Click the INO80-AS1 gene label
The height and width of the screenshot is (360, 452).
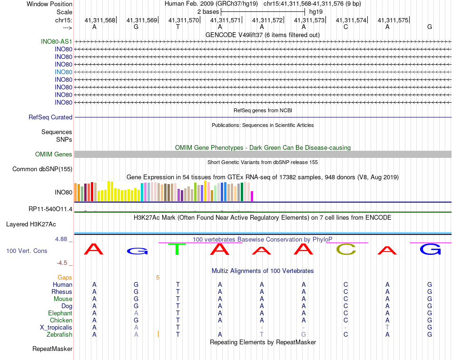pos(57,41)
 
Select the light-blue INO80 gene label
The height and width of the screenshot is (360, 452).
pos(63,72)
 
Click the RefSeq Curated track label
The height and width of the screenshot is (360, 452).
pos(50,117)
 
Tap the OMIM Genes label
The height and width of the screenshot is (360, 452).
pos(54,154)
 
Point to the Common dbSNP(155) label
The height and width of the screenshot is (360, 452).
pos(42,169)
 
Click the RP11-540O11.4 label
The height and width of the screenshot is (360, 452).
pos(50,209)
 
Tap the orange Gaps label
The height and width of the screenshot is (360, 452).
pos(65,277)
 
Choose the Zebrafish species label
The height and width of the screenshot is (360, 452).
pos(60,334)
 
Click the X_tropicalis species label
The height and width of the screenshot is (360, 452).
pos(56,327)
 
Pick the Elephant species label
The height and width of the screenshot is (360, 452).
pos(60,313)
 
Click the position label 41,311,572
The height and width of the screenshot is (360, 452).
pos(267,20)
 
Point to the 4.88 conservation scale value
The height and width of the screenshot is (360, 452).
pos(64,239)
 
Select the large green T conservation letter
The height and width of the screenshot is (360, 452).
pos(178,249)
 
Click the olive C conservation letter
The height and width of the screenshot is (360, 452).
pos(346,249)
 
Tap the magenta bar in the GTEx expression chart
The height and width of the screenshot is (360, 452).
pos(252,196)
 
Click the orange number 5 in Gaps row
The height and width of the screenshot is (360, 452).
pos(157,277)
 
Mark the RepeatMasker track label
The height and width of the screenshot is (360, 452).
pos(52,349)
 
